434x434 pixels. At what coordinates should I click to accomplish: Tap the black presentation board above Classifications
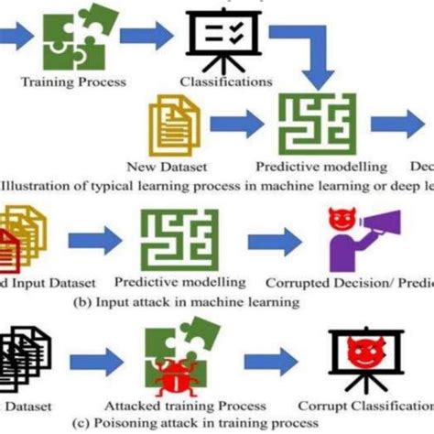222,38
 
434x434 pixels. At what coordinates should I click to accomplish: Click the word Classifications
224,81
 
